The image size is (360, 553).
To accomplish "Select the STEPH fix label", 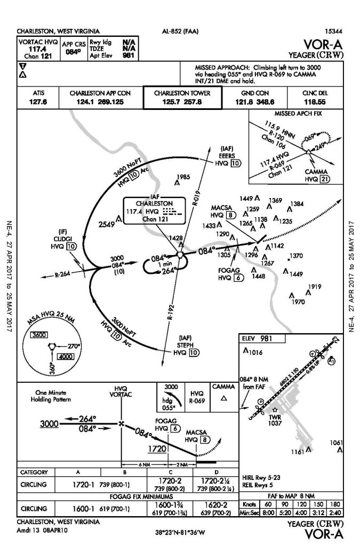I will (x=186, y=344).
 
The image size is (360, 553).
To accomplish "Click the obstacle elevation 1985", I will (x=183, y=177).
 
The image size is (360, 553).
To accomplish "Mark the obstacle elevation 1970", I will (x=299, y=302).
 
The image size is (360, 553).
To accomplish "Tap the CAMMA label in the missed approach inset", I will (x=315, y=172).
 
